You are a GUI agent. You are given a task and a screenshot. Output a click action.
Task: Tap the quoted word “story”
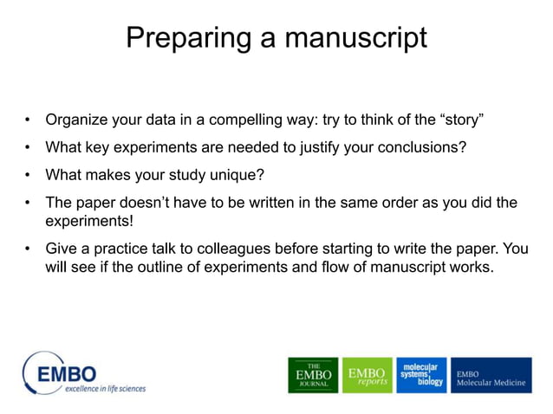[x=473, y=119]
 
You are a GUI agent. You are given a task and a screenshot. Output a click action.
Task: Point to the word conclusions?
[x=421, y=147]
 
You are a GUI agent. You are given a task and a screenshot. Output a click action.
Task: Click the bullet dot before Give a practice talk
[x=28, y=249]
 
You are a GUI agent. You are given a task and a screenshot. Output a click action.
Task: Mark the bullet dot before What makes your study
[x=28, y=176]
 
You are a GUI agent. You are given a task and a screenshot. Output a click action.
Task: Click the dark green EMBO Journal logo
[x=313, y=375]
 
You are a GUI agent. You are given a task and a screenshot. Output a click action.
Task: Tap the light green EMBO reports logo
[x=367, y=375]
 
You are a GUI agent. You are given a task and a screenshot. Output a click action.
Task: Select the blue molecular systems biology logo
[x=421, y=375]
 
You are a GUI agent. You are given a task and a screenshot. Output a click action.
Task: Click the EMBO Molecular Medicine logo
[x=491, y=375]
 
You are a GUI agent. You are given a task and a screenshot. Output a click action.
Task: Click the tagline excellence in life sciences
[x=104, y=388]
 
